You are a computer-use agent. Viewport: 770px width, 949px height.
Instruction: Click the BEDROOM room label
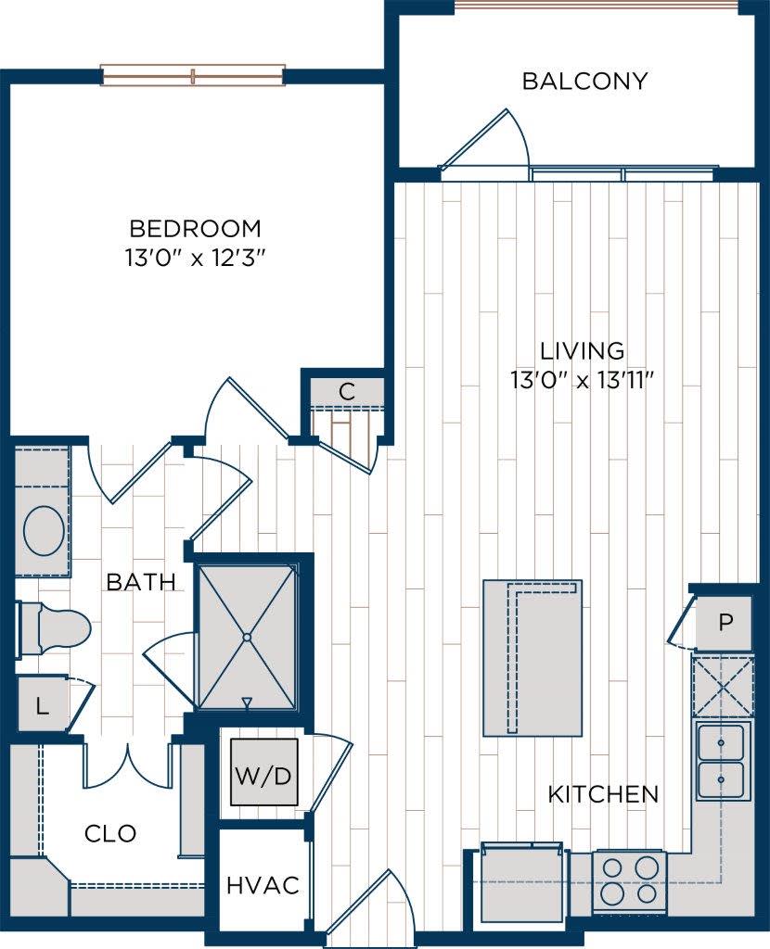click(x=195, y=228)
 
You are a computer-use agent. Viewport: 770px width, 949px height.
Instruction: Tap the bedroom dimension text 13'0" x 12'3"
click(x=195, y=257)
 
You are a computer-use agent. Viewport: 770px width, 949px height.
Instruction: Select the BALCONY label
click(x=584, y=82)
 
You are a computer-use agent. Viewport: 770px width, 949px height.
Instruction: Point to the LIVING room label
click(x=583, y=351)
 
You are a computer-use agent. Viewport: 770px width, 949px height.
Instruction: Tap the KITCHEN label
click(x=603, y=794)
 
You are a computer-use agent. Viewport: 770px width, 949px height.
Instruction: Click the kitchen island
click(x=532, y=658)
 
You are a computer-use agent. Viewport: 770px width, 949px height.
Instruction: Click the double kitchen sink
click(x=721, y=761)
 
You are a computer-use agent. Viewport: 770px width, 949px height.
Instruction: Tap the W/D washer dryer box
click(x=264, y=772)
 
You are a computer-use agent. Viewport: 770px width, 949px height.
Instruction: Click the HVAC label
click(x=263, y=885)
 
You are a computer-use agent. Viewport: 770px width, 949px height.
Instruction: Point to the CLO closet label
click(x=110, y=833)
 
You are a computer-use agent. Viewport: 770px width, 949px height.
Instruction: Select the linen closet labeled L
click(x=42, y=706)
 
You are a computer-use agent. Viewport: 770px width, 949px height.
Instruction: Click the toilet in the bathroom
click(x=56, y=630)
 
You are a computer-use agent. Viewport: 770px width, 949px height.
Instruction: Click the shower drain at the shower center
click(x=248, y=638)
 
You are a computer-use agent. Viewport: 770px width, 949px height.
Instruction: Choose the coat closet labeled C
click(x=346, y=392)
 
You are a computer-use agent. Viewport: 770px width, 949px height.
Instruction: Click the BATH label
click(x=141, y=582)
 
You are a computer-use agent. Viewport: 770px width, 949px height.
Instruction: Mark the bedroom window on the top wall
click(x=192, y=75)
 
